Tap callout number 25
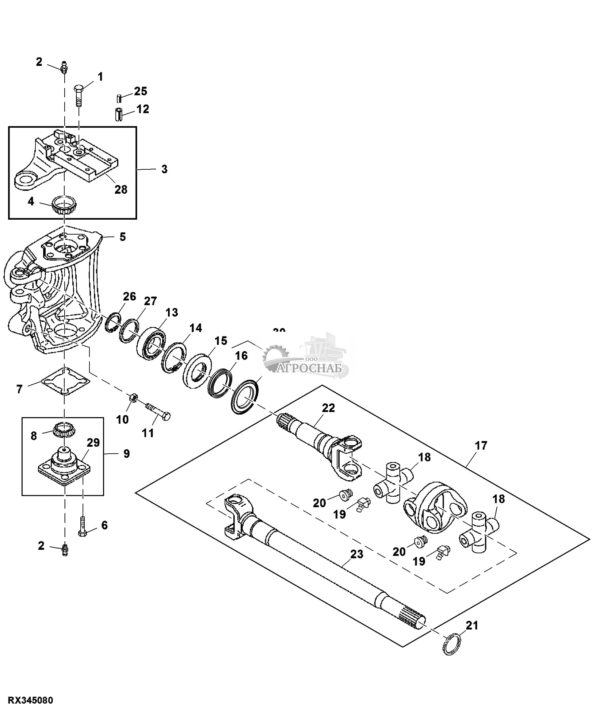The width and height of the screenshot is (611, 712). click(x=140, y=91)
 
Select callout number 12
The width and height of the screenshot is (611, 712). click(x=143, y=109)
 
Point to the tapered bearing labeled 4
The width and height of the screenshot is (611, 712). click(x=64, y=205)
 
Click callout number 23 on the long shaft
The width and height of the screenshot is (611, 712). click(x=356, y=554)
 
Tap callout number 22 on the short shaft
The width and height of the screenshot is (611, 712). click(x=328, y=408)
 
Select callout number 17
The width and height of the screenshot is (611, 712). click(x=481, y=446)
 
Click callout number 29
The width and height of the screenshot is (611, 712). click(x=93, y=443)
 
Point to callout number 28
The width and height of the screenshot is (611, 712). click(x=121, y=189)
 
